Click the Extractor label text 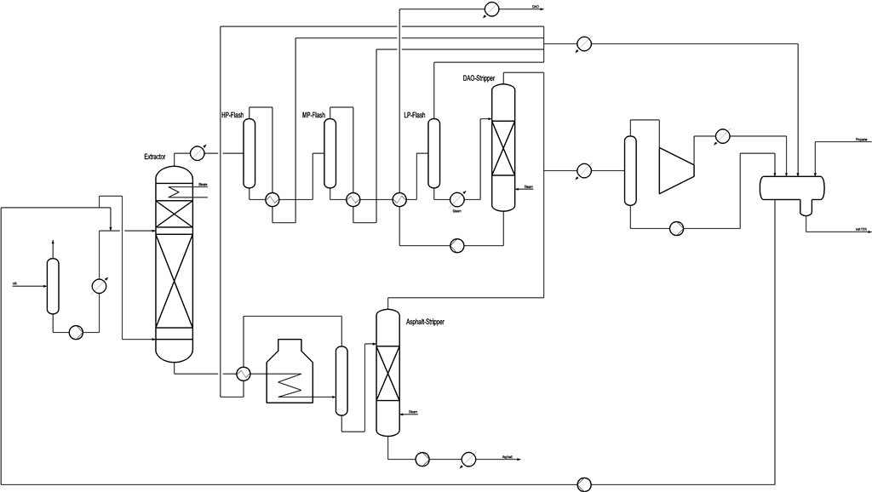(155, 157)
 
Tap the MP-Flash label (314, 115)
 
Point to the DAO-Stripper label (479, 78)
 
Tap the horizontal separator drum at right (792, 186)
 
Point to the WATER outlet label (860, 230)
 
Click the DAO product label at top (535, 7)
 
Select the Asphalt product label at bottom (507, 457)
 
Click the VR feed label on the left (14, 283)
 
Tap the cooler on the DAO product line (491, 9)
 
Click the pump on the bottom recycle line (584, 483)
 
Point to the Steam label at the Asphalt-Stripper (412, 412)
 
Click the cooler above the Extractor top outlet (197, 153)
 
